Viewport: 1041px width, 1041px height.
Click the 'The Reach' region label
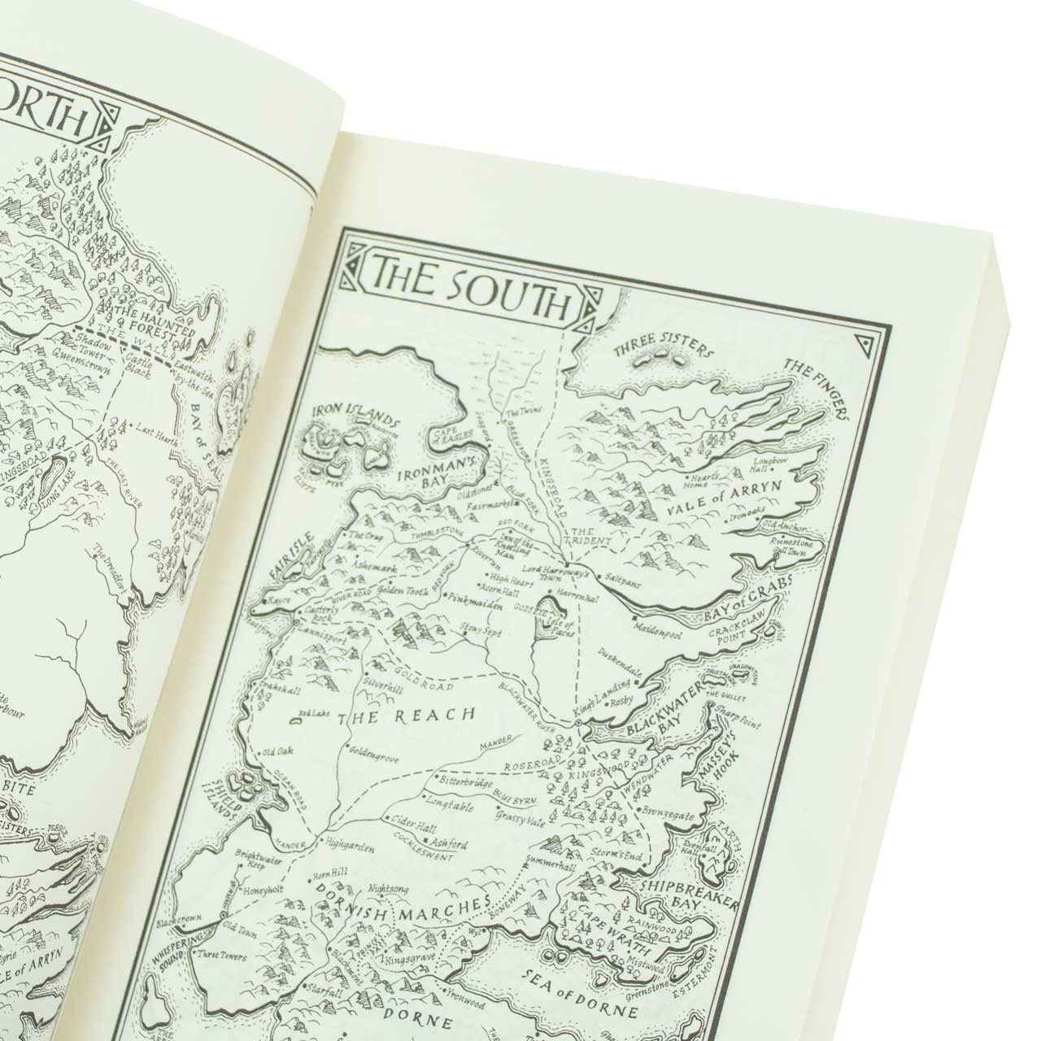click(x=417, y=717)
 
